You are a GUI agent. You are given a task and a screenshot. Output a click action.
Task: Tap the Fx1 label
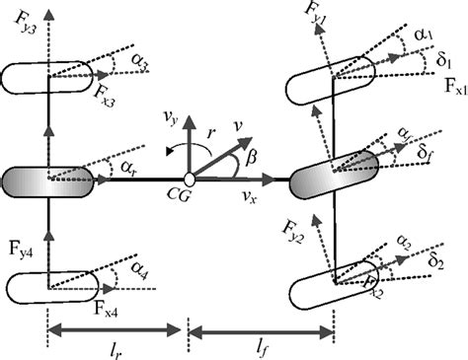(455, 89)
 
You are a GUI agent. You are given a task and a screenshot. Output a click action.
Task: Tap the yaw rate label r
(208, 128)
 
